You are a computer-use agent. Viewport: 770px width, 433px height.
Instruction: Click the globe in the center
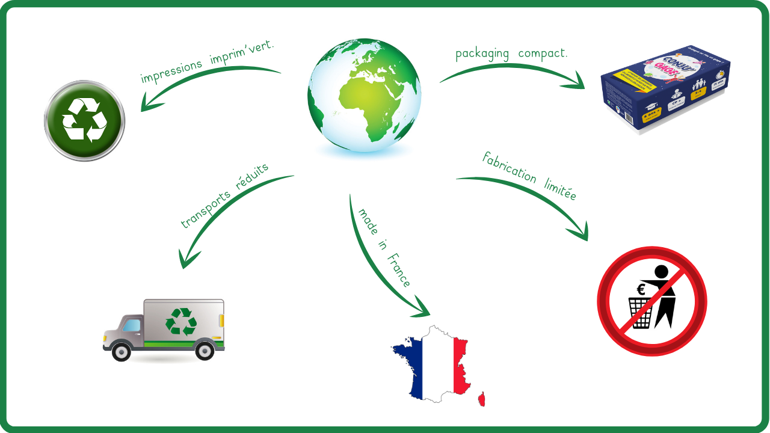pyautogui.click(x=364, y=95)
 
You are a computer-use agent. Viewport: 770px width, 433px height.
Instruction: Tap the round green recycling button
pyautogui.click(x=84, y=120)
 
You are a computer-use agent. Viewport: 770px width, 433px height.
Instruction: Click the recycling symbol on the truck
pyautogui.click(x=181, y=321)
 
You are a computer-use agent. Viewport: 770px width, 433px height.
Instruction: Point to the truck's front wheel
pyautogui.click(x=122, y=351)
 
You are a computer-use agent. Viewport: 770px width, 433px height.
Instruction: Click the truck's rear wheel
pyautogui.click(x=205, y=350)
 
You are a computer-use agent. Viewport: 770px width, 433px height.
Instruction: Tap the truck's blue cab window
pyautogui.click(x=132, y=326)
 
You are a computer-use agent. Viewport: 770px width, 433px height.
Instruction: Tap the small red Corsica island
pyautogui.click(x=481, y=399)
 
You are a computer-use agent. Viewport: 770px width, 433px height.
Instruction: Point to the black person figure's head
pyautogui.click(x=661, y=272)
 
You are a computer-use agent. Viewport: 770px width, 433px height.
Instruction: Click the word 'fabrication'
pyautogui.click(x=509, y=167)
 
